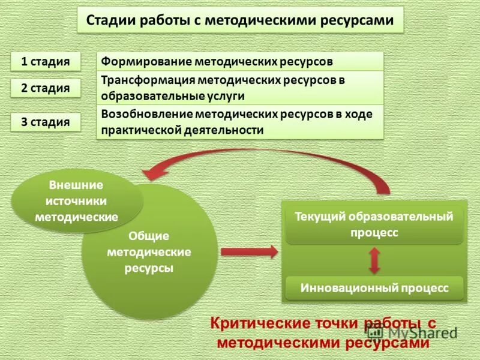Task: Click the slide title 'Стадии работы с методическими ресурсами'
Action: click(240, 20)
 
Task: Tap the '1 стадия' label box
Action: click(46, 61)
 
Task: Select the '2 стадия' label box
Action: click(46, 88)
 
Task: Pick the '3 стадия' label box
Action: click(46, 122)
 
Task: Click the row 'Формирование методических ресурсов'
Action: click(240, 61)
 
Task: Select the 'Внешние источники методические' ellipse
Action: click(77, 201)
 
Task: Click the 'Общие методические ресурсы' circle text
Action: click(149, 252)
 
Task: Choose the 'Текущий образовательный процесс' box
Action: click(374, 224)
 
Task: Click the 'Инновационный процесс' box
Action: click(374, 288)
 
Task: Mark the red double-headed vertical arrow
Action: click(374, 260)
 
